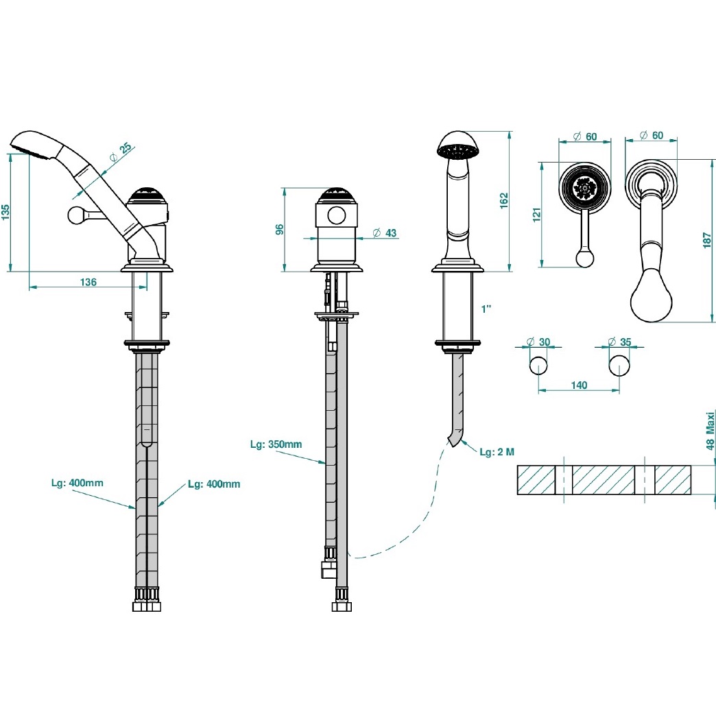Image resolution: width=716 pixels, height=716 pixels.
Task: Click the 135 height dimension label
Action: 5,213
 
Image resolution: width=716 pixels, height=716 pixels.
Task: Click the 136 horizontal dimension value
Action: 88,282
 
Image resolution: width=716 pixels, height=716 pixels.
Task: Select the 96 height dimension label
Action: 279,229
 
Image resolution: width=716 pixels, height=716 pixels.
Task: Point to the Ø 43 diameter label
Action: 385,233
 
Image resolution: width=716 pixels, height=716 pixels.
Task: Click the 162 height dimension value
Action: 503,201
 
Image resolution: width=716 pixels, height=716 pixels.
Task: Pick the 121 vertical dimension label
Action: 536,215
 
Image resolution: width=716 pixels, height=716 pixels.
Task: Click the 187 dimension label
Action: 707,240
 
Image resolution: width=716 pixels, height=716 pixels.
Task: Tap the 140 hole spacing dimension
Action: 579,385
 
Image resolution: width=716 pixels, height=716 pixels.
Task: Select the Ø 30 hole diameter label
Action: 538,342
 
